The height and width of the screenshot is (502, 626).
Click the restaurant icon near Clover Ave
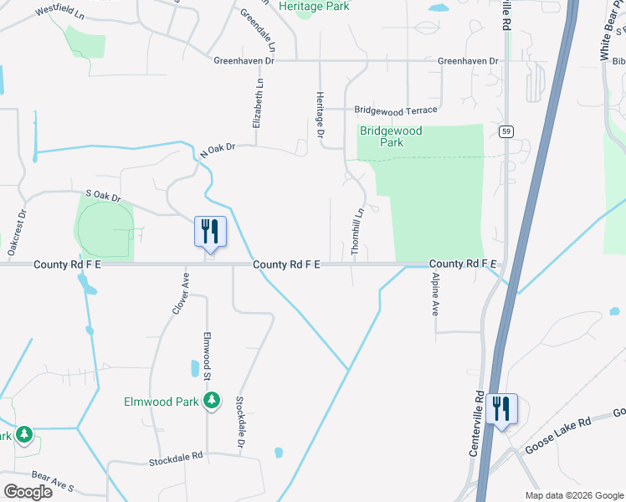coord(210,231)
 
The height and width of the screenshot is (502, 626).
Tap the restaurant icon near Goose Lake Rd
coord(501,408)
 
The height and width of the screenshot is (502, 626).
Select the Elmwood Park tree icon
coord(213,401)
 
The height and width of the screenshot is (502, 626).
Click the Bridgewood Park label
coord(391,136)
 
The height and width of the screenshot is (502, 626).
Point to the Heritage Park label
coord(314,6)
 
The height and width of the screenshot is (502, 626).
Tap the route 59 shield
coord(505,131)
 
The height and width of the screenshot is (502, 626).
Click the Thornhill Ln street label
coord(357,232)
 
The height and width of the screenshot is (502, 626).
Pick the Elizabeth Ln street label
coord(259,105)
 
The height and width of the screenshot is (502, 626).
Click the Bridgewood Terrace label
coord(395,110)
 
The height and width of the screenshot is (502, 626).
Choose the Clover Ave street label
coord(178,292)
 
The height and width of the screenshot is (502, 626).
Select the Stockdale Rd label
coord(177,458)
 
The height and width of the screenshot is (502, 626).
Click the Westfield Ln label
coord(60,14)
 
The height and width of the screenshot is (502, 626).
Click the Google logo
coord(28,491)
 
